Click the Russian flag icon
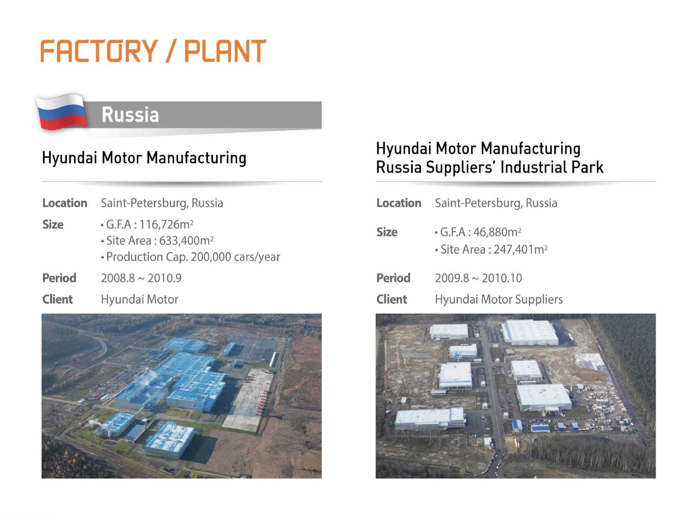(62, 112)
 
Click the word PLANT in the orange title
(225, 51)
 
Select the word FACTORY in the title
(99, 51)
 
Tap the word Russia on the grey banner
(130, 115)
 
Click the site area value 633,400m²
(187, 240)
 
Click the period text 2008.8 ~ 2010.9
(141, 278)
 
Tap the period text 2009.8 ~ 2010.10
(478, 278)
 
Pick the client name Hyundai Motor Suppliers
(499, 299)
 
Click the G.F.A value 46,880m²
(497, 232)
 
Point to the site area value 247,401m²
(521, 250)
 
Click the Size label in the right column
(387, 232)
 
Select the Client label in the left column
(58, 299)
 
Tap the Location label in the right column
(399, 203)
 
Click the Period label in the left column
(59, 278)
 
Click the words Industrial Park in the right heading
(552, 167)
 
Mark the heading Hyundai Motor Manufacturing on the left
(144, 157)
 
